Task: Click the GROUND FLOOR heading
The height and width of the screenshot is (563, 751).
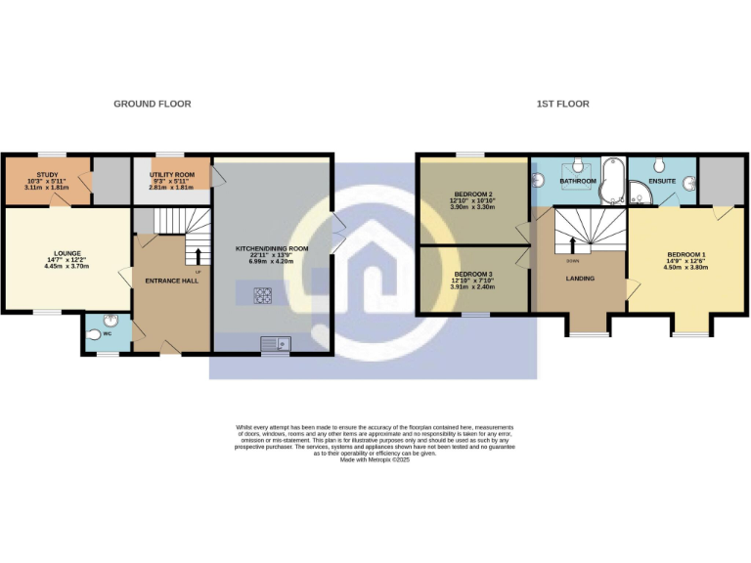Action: click(152, 104)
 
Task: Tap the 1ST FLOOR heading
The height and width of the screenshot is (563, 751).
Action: click(562, 104)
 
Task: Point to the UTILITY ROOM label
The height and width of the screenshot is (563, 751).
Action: click(172, 174)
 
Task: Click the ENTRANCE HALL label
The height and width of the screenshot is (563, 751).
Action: click(171, 281)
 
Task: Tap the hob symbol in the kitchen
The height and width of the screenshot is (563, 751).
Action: click(263, 292)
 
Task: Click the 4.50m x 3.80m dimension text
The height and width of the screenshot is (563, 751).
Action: click(686, 267)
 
